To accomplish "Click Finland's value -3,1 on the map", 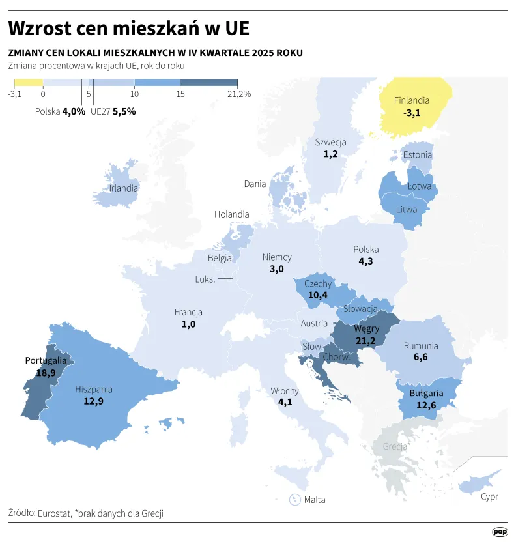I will [412, 113].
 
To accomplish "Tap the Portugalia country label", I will [46, 360].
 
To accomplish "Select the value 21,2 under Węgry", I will [367, 341].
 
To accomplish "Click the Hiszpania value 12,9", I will [94, 401].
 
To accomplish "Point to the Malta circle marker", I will [294, 500].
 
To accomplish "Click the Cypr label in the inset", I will [489, 497].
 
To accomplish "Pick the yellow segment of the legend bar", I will [28, 83].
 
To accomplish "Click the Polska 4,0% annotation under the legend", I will [60, 111].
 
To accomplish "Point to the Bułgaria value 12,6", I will [426, 405].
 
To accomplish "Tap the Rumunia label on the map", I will [421, 346].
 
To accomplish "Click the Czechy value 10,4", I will [317, 295].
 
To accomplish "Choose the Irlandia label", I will [124, 188].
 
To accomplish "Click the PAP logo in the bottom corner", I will [500, 532].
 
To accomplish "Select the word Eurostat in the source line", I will [55, 513].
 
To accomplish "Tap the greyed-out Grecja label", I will [395, 447].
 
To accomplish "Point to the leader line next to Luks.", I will [225, 279].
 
